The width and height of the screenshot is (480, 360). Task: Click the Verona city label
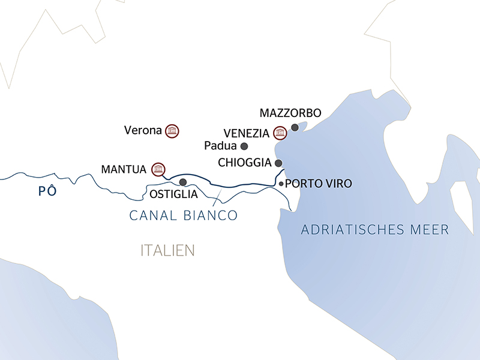(x=143, y=130)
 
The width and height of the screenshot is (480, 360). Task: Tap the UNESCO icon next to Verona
(x=172, y=130)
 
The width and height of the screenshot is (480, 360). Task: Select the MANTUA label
(x=124, y=170)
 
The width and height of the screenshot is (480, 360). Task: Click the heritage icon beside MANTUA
(x=158, y=169)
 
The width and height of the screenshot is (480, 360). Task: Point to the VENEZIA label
(x=246, y=133)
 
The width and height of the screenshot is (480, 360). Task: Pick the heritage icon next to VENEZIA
(x=280, y=133)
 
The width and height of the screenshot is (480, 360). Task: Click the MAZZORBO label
(x=291, y=113)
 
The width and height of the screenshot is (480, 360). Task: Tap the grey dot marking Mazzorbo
(x=294, y=127)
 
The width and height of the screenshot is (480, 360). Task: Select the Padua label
(x=220, y=146)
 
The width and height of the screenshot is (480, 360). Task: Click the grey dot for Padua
(x=244, y=146)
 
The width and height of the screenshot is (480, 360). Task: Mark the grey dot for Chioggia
(x=278, y=163)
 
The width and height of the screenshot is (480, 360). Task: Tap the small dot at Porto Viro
(x=281, y=184)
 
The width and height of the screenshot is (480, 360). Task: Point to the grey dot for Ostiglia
(x=183, y=182)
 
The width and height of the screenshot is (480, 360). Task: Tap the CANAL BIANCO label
(x=184, y=215)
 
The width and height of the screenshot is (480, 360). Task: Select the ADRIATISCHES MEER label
(x=375, y=230)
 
